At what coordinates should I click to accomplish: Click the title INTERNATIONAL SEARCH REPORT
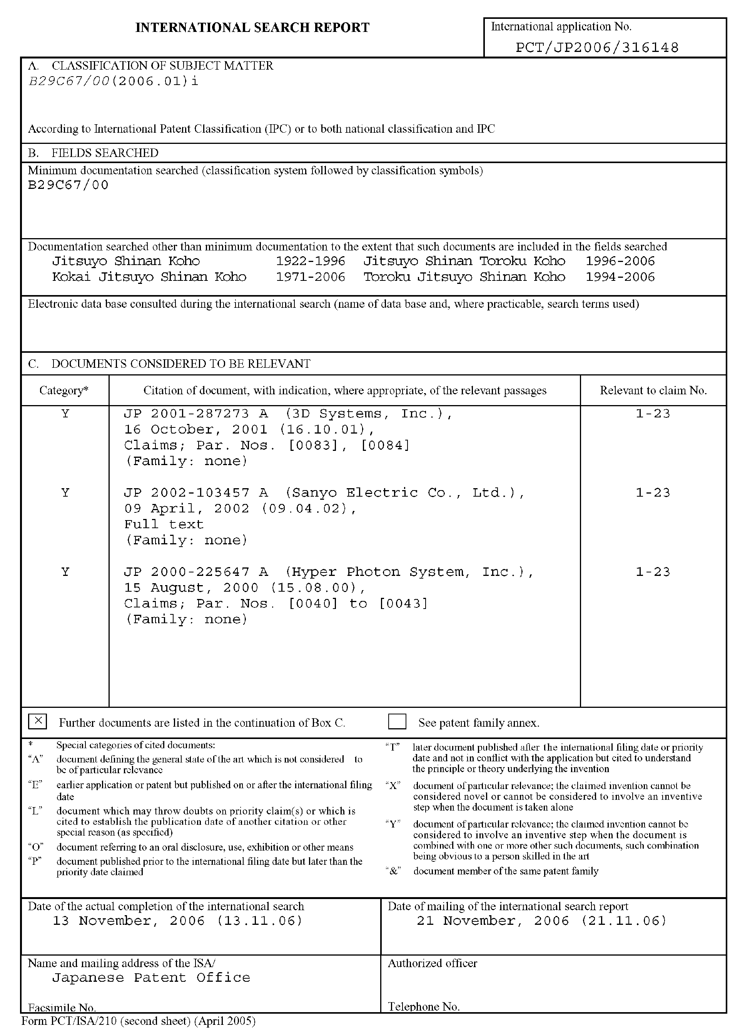coord(252,28)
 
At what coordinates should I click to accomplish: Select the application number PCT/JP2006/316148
coord(597,47)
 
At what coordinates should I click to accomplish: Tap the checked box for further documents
coord(37,722)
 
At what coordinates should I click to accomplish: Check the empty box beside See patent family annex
coord(397,722)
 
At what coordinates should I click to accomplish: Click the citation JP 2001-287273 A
coord(196,414)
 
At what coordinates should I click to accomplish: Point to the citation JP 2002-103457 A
coord(196,493)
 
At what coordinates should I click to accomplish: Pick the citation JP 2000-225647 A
coord(196,572)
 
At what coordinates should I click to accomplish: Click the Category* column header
coord(64,390)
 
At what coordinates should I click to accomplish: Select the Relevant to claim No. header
coord(653,390)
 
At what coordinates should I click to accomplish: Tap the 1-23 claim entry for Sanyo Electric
coord(653,493)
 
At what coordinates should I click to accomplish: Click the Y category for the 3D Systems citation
coord(65,414)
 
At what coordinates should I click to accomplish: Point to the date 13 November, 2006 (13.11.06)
coord(177,921)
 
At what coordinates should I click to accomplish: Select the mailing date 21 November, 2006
coord(541,921)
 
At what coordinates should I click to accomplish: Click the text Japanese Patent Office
coord(151,978)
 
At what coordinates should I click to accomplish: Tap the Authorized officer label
coord(433,963)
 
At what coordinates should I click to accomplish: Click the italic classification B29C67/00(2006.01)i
coord(114,81)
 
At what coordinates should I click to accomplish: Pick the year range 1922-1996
coord(310,261)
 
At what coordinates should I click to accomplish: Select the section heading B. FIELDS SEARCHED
coord(93,153)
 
